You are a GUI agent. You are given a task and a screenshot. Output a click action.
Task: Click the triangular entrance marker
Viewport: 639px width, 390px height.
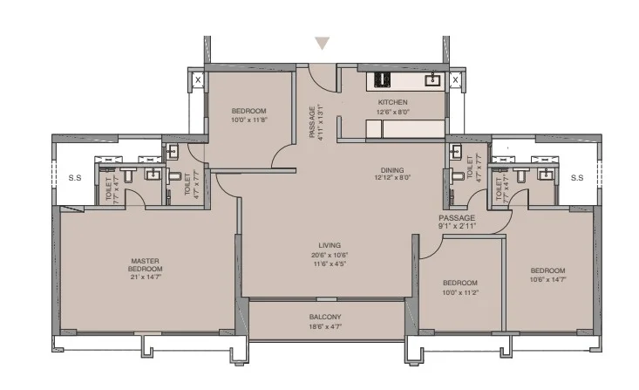coord(323,43)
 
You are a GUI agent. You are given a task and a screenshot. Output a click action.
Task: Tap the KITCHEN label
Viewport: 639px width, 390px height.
coord(391,102)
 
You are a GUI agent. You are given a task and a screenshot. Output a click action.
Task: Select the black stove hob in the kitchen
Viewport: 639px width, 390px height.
coord(382,79)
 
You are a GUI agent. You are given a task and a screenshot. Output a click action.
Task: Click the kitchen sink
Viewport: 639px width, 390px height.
coord(432,80)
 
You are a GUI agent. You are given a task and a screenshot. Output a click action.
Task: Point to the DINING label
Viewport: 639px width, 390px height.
coord(391,169)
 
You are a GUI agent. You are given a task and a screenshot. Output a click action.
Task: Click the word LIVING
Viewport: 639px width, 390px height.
coord(330,245)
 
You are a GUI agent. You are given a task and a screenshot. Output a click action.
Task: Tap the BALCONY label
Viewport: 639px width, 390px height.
coord(325,316)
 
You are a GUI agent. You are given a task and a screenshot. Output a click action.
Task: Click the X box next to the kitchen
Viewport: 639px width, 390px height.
coord(455,79)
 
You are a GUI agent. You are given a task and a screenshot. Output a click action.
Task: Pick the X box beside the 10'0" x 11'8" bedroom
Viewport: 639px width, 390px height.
coord(198,79)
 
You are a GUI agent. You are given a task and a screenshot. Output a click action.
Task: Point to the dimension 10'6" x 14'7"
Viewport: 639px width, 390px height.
coord(548,279)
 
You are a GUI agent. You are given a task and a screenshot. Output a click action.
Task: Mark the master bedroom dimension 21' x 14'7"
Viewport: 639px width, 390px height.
coord(146,277)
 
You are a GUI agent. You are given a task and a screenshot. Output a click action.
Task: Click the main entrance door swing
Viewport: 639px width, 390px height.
coord(323,79)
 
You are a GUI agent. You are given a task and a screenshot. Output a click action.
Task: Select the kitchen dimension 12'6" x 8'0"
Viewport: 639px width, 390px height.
coord(391,112)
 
